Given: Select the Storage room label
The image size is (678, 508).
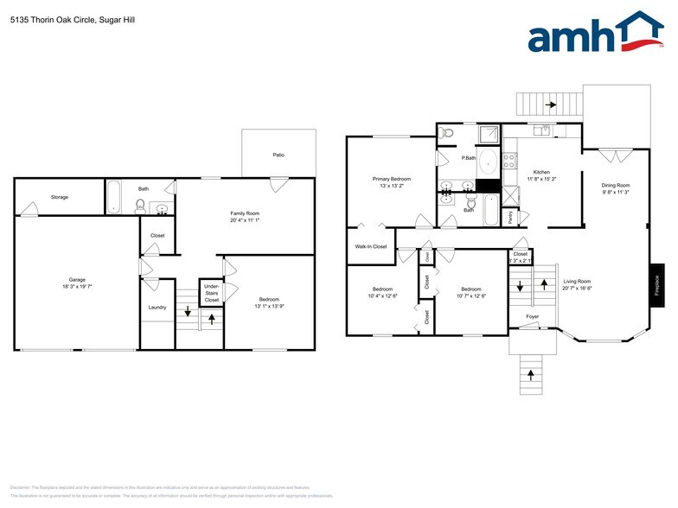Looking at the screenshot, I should (x=60, y=197).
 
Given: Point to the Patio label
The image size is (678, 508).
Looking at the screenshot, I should (x=278, y=156).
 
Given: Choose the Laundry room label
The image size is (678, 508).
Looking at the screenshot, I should (x=157, y=307).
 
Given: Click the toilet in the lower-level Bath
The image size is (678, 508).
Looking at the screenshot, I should (x=139, y=206).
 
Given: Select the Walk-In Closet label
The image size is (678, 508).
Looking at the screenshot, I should (x=371, y=246).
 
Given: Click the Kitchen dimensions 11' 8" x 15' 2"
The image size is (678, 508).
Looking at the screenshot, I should (x=542, y=179).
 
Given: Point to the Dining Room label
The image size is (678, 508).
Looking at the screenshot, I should (x=616, y=185).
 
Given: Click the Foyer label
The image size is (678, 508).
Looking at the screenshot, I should (x=534, y=316).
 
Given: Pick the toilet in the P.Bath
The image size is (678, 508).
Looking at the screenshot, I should (x=447, y=132).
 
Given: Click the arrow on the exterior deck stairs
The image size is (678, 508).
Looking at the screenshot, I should (x=550, y=105).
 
